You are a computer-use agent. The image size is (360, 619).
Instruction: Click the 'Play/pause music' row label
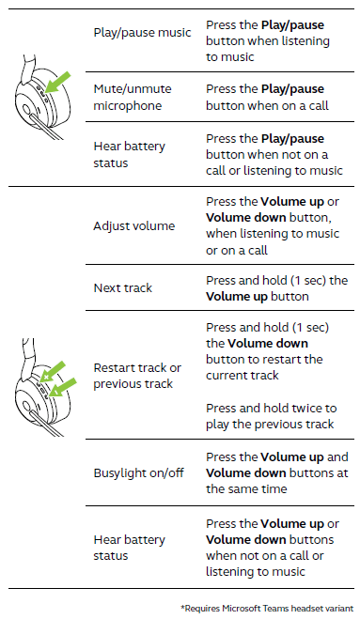(142, 33)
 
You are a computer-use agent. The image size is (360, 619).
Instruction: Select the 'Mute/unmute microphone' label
(133, 97)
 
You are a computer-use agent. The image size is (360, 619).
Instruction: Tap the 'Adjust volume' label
(134, 226)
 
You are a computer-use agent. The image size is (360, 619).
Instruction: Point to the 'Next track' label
(123, 287)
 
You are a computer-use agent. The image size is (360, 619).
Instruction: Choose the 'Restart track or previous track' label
(137, 376)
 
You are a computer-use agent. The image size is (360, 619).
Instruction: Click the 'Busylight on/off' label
(139, 472)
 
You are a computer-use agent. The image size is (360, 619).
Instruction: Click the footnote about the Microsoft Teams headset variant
(267, 609)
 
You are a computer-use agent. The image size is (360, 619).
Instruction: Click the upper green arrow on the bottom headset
(53, 371)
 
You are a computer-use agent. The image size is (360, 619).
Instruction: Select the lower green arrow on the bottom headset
(64, 387)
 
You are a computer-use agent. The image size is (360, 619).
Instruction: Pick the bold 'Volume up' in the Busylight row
(292, 457)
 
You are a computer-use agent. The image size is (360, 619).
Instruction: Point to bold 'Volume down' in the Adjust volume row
(245, 218)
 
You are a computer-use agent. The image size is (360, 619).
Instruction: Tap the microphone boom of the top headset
(48, 126)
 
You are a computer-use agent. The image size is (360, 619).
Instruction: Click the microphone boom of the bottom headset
(47, 424)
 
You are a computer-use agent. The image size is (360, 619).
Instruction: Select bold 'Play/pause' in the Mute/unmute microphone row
(292, 89)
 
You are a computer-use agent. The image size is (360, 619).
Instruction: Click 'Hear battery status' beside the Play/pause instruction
(129, 154)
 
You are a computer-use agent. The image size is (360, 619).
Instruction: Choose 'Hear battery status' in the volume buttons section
(129, 548)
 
